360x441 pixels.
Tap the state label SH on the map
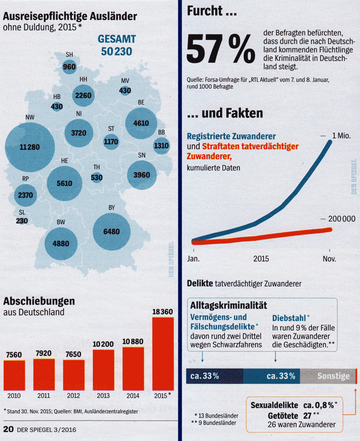(69, 55)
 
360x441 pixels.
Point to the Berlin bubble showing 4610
(141, 123)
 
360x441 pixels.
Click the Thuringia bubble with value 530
(97, 177)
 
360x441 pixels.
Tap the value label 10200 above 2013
(103, 344)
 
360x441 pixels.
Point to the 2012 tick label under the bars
(74, 395)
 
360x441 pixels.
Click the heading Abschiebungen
(39, 301)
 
